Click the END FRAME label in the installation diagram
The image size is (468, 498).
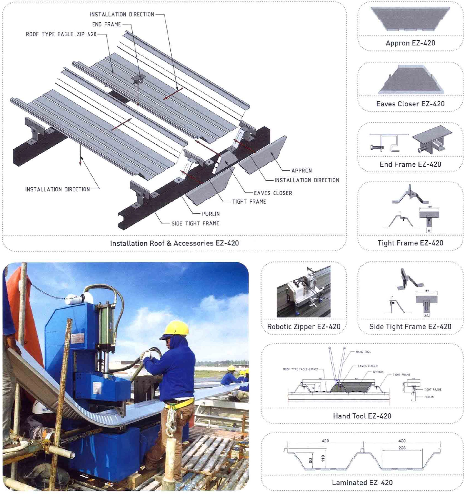click(107, 24)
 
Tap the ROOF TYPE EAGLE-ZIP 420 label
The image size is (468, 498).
click(61, 34)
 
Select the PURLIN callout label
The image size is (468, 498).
click(210, 214)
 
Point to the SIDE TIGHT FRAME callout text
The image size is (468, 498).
click(195, 224)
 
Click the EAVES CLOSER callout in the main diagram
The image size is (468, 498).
click(273, 193)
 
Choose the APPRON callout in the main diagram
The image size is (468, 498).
click(302, 171)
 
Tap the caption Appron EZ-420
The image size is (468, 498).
click(410, 43)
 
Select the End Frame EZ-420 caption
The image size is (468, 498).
click(410, 164)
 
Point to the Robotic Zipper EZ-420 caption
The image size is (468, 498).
click(304, 327)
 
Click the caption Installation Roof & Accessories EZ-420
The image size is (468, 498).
click(175, 243)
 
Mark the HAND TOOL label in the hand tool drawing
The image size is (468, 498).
click(363, 352)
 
